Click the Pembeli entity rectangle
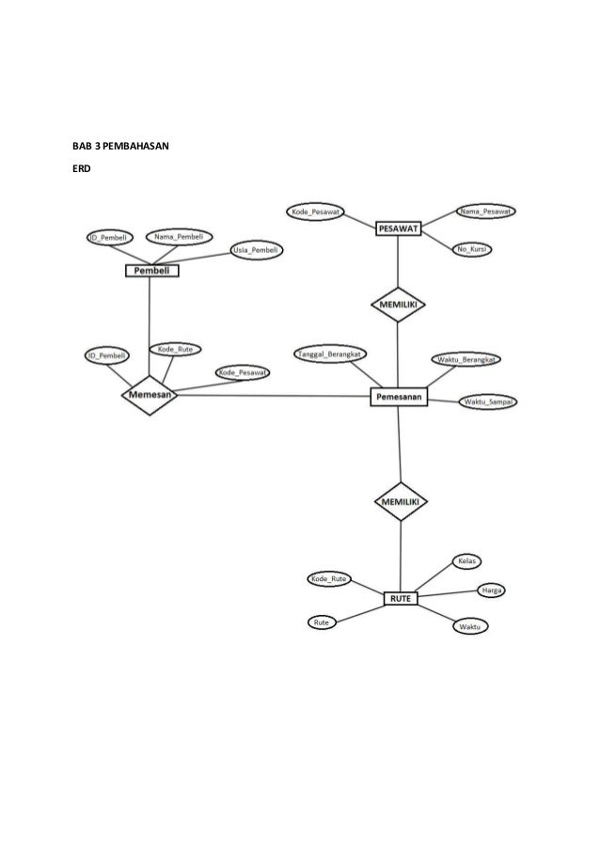tap(151, 271)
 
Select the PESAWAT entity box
tap(399, 228)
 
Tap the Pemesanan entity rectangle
tap(400, 398)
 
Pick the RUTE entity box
tap(402, 598)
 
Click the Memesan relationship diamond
tap(150, 396)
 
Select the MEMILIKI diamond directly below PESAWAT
tap(398, 305)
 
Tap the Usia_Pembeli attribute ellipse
tap(253, 250)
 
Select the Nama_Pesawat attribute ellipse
tap(486, 212)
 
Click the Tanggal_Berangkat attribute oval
tap(331, 354)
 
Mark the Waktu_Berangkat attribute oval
tap(467, 359)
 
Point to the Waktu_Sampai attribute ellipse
tap(490, 402)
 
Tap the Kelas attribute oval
tap(468, 561)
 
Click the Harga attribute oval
tap(490, 590)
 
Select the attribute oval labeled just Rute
tap(322, 621)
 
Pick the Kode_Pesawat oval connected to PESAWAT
tap(316, 212)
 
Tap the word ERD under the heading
tap(83, 170)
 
